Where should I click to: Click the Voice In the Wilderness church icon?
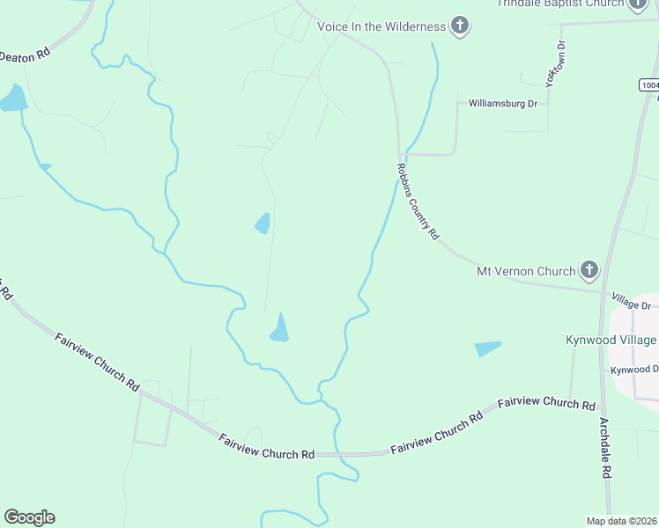coord(459,26)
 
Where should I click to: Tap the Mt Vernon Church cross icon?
coord(589,271)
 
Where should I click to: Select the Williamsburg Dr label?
coord(503,104)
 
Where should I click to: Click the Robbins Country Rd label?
coord(417,202)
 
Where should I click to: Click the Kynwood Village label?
coord(611,340)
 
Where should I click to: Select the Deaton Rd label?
coord(26,55)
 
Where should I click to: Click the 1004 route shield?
coord(648,85)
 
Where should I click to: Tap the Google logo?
coord(29,517)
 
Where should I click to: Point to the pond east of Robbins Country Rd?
coord(487,348)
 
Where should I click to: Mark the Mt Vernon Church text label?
coord(526,271)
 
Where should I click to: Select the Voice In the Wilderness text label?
coord(381,26)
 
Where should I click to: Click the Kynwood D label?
coord(635,370)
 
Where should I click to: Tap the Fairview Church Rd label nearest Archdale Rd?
coord(546,404)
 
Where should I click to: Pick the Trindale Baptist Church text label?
coord(560,4)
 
